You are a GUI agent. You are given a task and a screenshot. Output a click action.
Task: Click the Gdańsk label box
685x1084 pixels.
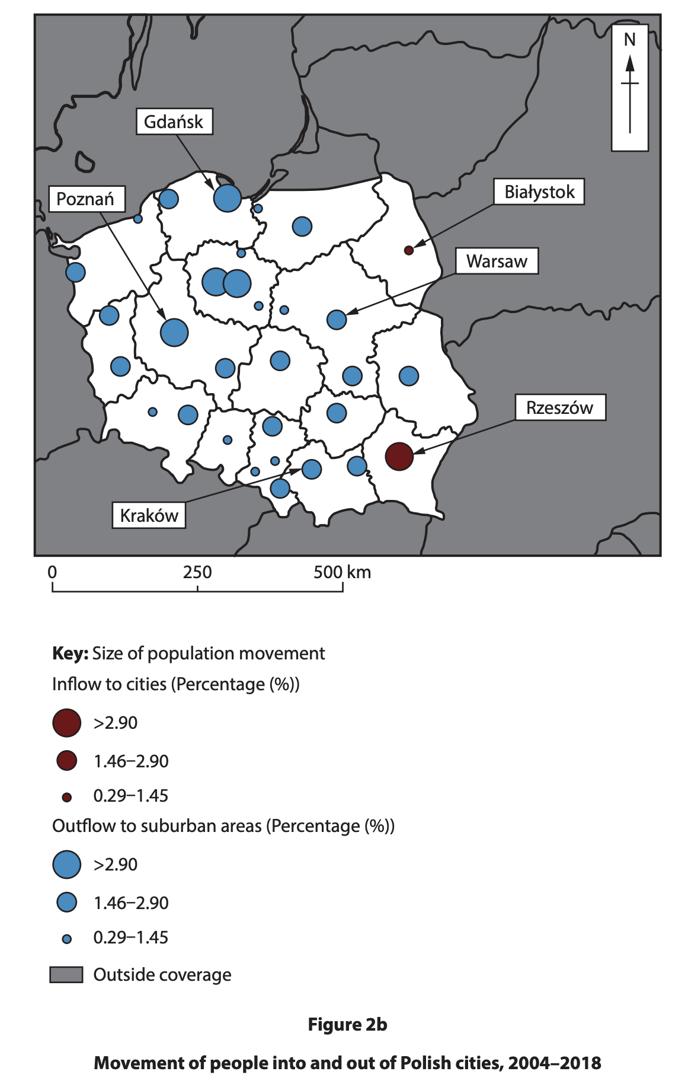pyautogui.click(x=174, y=122)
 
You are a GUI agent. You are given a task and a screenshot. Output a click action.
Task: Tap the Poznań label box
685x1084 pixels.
pyautogui.click(x=87, y=199)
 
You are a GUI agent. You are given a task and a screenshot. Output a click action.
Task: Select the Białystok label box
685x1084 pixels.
pyautogui.click(x=539, y=192)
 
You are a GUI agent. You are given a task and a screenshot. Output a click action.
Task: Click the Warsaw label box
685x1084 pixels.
pyautogui.click(x=497, y=261)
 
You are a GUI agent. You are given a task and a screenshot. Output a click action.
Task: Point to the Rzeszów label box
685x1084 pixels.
pyautogui.click(x=559, y=407)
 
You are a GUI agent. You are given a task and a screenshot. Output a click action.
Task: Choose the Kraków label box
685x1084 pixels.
pyautogui.click(x=149, y=515)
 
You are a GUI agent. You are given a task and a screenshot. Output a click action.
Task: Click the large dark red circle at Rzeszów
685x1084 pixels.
pyautogui.click(x=399, y=457)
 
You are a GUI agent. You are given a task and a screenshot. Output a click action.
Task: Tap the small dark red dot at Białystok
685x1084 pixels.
pyautogui.click(x=408, y=250)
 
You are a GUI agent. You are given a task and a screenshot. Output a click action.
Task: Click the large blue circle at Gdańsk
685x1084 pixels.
pyautogui.click(x=227, y=197)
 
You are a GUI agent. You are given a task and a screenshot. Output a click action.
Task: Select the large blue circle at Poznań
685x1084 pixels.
pyautogui.click(x=174, y=332)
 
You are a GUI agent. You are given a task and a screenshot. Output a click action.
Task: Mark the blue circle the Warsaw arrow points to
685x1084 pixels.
pyautogui.click(x=337, y=320)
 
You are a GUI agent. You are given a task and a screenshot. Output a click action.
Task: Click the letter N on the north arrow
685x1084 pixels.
pyautogui.click(x=629, y=40)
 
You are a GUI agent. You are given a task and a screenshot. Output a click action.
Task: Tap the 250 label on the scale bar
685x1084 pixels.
pyautogui.click(x=197, y=572)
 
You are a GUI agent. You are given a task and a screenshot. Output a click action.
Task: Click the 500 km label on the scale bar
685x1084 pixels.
pyautogui.click(x=342, y=572)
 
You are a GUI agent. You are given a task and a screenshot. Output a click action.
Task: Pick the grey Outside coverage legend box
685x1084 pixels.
pyautogui.click(x=66, y=974)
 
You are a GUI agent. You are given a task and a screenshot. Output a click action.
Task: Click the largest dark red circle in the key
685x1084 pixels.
pyautogui.click(x=66, y=723)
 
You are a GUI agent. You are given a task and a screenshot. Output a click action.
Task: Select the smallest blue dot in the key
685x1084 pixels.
pyautogui.click(x=67, y=939)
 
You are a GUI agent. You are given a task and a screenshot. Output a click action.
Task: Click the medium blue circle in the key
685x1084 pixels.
pyautogui.click(x=67, y=903)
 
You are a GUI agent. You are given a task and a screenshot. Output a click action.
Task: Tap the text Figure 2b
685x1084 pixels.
pyautogui.click(x=347, y=1025)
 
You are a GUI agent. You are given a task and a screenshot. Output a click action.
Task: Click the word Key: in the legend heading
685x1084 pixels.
pyautogui.click(x=70, y=653)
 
